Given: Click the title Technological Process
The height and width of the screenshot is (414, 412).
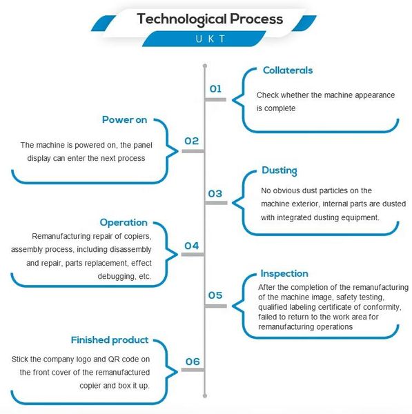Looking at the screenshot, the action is point(210,19).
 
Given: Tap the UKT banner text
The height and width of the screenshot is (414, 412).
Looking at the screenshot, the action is point(210,39).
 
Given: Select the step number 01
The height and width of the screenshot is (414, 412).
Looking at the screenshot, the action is point(215,89).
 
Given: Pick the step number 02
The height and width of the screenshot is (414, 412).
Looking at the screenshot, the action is point(191,141).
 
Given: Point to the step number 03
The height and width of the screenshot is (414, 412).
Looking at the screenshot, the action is point(215,194).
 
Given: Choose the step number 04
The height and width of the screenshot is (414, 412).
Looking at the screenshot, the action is point(191,246).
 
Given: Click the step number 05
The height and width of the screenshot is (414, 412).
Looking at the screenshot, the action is point(215,295).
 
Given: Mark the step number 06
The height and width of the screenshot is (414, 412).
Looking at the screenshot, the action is point(193,362).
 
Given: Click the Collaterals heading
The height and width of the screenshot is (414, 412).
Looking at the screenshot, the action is point(288,70).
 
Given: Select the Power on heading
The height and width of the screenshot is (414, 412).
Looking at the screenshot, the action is point(124,120).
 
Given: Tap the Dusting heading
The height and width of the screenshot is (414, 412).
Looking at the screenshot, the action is point(279,171).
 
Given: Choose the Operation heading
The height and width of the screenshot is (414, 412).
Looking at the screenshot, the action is point(124,223).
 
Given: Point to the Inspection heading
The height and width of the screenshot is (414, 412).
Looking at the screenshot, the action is point(284,274).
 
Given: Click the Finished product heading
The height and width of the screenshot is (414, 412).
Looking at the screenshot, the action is point(110,340).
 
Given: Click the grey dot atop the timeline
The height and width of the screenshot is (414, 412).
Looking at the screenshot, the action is point(205,66).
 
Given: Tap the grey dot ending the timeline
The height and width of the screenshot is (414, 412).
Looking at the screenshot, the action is point(205,396).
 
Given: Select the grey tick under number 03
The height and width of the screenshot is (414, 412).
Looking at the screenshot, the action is point(216,203).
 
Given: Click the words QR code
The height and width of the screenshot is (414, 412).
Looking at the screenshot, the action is point(125,359).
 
